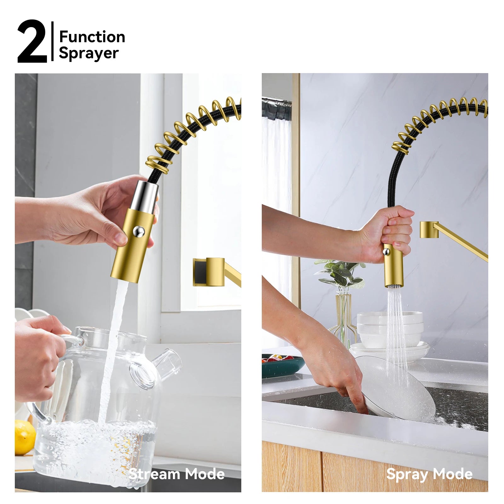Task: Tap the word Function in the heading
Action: coord(92,37)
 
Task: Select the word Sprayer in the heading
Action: coord(89,53)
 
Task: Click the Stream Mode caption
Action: coord(176,474)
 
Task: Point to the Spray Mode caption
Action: coord(429,474)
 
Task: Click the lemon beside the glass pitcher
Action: coord(24,437)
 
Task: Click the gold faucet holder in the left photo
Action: coord(214,272)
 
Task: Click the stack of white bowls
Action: coord(390,329)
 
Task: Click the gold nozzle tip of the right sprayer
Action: coord(393,282)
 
